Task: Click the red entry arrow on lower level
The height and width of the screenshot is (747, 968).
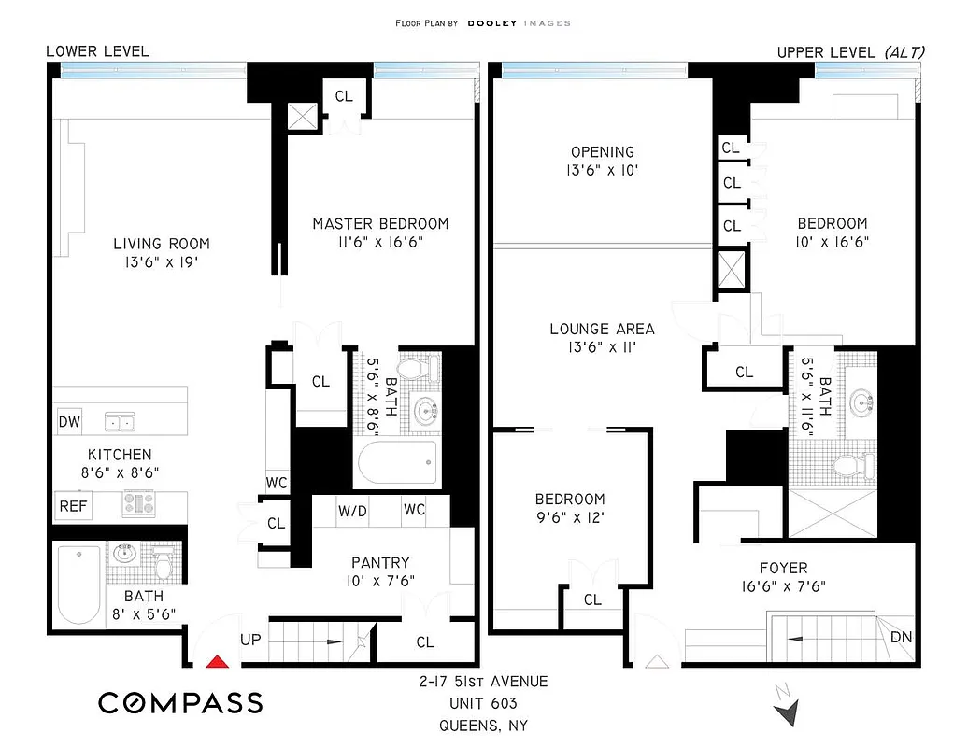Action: click(217, 662)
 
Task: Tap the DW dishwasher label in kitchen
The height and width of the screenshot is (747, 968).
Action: click(69, 422)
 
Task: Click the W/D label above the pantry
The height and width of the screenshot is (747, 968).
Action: click(352, 511)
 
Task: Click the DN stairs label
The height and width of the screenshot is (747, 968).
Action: click(902, 639)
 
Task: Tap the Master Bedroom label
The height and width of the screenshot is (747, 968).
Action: click(380, 224)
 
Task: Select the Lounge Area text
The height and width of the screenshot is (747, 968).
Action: click(602, 329)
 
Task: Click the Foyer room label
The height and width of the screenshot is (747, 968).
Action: click(783, 568)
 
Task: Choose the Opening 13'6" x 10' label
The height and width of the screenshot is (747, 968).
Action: click(603, 161)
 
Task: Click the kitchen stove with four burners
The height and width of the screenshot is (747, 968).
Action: click(139, 504)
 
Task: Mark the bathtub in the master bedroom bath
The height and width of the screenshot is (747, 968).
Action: click(397, 461)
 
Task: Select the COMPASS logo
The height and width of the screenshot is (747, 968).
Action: click(180, 702)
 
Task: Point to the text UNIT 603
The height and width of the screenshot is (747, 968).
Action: click(483, 703)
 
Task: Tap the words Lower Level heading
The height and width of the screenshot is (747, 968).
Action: click(97, 51)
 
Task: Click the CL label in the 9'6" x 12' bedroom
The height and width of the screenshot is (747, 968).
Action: click(592, 599)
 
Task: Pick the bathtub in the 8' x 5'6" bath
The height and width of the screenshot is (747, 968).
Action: click(78, 585)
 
